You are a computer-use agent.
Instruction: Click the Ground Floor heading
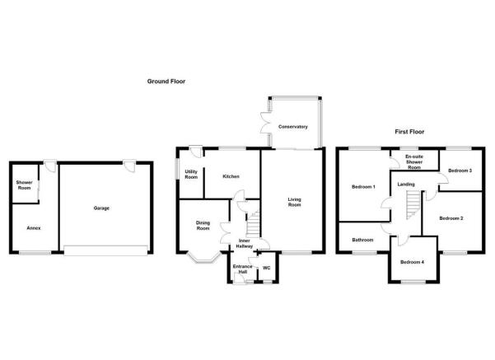(x=166, y=82)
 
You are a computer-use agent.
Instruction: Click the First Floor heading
(x=409, y=132)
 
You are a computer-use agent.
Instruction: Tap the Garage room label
(x=101, y=208)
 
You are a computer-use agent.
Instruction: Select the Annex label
(x=34, y=228)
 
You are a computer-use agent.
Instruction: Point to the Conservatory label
(x=293, y=127)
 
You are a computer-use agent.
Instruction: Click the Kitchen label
(x=231, y=176)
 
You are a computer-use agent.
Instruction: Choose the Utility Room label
(x=191, y=175)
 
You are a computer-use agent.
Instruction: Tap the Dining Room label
(x=203, y=226)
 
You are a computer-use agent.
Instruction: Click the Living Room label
(x=295, y=202)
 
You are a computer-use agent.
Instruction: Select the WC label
(x=266, y=268)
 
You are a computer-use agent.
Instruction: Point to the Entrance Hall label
(x=242, y=269)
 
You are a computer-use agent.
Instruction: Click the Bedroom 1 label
(x=363, y=187)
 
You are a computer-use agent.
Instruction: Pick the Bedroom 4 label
(x=412, y=262)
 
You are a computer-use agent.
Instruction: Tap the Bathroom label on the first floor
(x=362, y=240)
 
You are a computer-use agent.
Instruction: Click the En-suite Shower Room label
(x=414, y=162)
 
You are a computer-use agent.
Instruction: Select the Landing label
(x=406, y=184)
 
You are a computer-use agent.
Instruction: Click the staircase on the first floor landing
(x=413, y=205)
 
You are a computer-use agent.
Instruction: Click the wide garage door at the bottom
(x=105, y=250)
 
